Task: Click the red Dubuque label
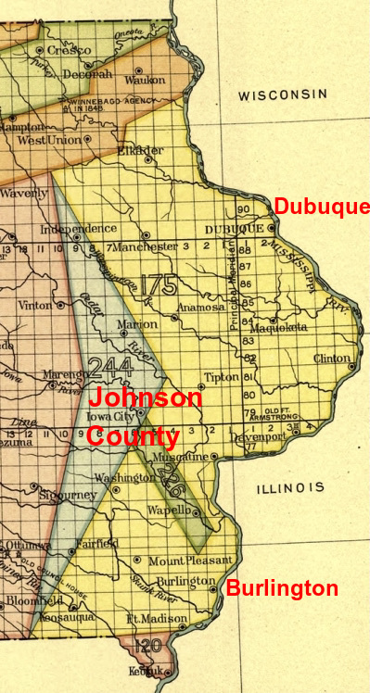(x=322, y=207)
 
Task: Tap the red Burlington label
(x=282, y=588)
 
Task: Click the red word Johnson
(x=146, y=399)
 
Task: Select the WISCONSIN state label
(x=283, y=94)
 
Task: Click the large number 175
(x=158, y=283)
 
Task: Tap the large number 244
(x=110, y=367)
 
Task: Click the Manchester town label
(x=147, y=247)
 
